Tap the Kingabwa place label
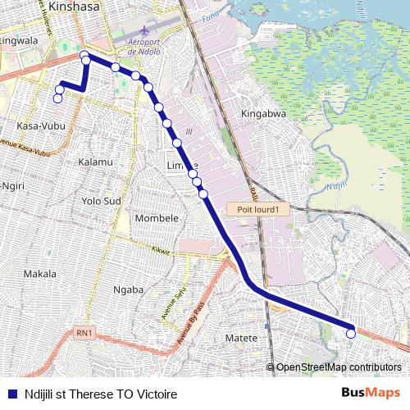(x=264, y=113)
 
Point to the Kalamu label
(x=95, y=162)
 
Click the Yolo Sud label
(x=102, y=200)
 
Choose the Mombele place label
(x=157, y=218)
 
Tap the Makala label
(x=40, y=273)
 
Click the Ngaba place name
(x=128, y=289)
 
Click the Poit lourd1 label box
(x=259, y=209)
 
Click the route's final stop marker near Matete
(x=351, y=333)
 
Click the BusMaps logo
(x=371, y=394)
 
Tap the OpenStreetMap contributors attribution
(x=339, y=367)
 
